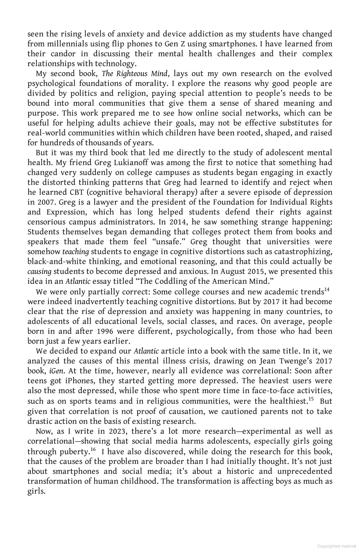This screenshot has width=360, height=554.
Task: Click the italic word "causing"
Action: [39, 272]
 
